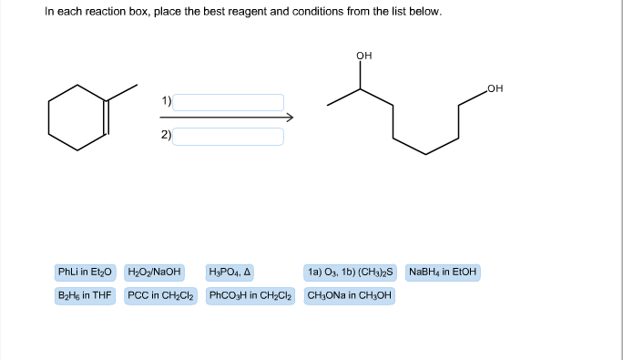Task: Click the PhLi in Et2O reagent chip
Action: pyautogui.click(x=84, y=272)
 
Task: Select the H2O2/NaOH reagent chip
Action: pyautogui.click(x=155, y=272)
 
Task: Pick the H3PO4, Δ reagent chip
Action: pyautogui.click(x=230, y=272)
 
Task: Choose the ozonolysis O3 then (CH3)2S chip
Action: pyautogui.click(x=351, y=272)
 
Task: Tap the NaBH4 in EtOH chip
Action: pyautogui.click(x=443, y=272)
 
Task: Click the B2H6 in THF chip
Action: pyautogui.click(x=84, y=295)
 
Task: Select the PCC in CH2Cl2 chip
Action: pyautogui.click(x=161, y=295)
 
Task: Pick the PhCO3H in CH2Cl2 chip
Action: pyautogui.click(x=251, y=295)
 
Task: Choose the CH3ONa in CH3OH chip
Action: pyautogui.click(x=350, y=295)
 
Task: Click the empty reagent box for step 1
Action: pyautogui.click(x=229, y=102)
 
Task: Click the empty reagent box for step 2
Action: pyautogui.click(x=229, y=136)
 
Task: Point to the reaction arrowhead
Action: pyautogui.click(x=289, y=118)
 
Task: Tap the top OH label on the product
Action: pyautogui.click(x=364, y=57)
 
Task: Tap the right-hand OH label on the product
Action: pyautogui.click(x=495, y=88)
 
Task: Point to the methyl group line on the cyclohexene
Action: pyautogui.click(x=123, y=93)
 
